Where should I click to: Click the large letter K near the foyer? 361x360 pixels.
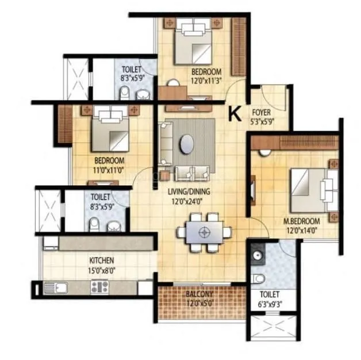235,114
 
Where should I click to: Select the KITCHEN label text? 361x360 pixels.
101,261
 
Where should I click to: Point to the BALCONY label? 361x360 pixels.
199,294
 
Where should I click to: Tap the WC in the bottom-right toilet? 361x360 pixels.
259,279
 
